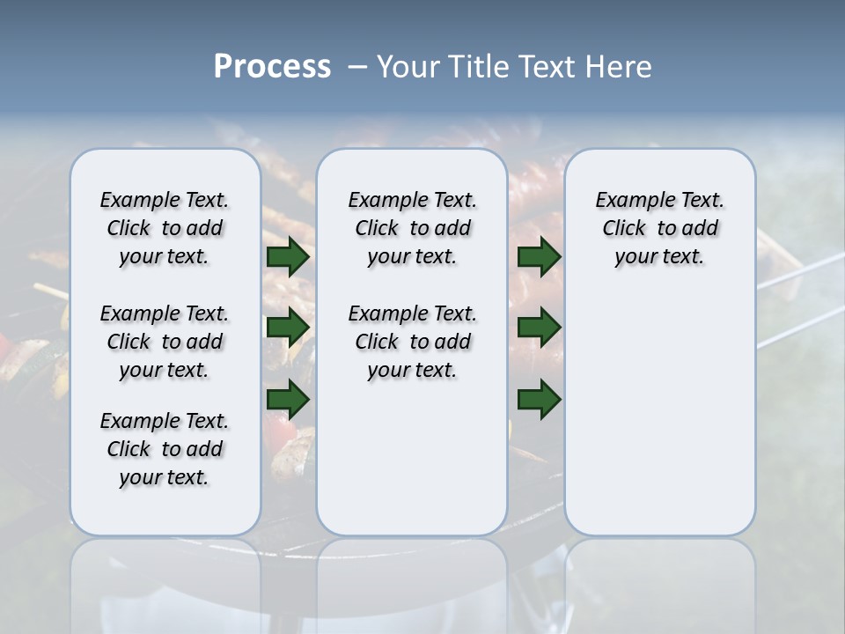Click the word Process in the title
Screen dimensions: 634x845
pos(272,67)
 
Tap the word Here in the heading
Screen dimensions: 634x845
pos(619,67)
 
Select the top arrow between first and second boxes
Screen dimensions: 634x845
pos(288,256)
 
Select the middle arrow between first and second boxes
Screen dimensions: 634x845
pos(288,328)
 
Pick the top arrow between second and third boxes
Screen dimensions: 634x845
pos(539,256)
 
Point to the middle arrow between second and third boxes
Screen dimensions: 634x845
pos(539,328)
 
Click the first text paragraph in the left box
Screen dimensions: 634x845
pos(165,228)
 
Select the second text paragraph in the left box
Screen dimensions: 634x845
pos(165,342)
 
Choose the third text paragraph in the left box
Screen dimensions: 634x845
pos(165,449)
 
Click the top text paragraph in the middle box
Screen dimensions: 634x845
pos(412,228)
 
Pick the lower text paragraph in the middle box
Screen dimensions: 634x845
pos(412,342)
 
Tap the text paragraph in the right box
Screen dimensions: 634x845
pos(659,228)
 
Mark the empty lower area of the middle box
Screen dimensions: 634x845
pos(412,458)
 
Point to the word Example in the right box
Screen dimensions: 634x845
pos(628,201)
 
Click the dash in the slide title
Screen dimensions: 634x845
pos(357,67)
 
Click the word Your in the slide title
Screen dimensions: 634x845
pos(408,67)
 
